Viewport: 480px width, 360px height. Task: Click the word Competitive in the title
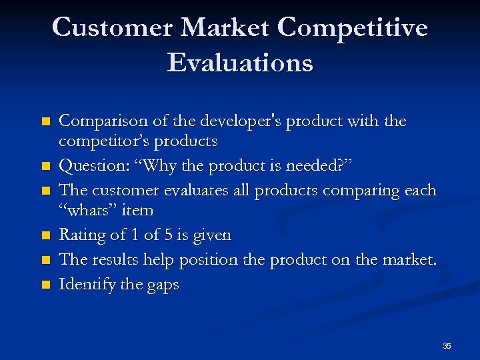(x=352, y=28)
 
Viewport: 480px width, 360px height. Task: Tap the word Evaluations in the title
(x=240, y=63)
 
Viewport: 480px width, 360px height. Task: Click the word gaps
(x=163, y=285)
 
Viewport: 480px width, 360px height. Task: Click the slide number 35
(x=447, y=346)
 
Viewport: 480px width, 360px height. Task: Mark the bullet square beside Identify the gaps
(x=45, y=285)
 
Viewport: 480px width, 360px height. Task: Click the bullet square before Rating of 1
(x=45, y=235)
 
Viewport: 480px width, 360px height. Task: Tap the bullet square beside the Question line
(x=45, y=166)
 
